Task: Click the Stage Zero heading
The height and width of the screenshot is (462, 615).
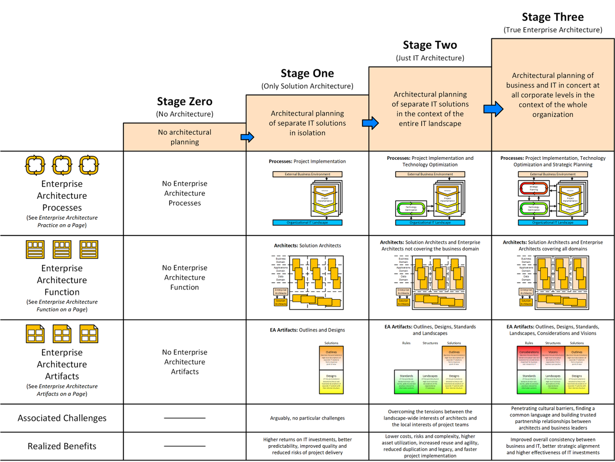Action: point(184,101)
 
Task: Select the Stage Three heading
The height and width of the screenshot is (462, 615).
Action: point(552,17)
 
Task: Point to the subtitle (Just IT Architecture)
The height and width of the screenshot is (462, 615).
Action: point(430,58)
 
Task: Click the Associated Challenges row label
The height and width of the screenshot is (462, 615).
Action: point(62,418)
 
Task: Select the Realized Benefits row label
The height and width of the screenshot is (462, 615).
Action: point(62,446)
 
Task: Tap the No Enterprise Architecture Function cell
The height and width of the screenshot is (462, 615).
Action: point(184,278)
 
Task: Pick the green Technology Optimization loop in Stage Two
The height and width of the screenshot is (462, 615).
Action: point(408,208)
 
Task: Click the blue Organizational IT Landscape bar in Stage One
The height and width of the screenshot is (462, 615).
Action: point(307,222)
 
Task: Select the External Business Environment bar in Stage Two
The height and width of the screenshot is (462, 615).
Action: point(430,174)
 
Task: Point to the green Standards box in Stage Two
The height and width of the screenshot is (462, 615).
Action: point(406,382)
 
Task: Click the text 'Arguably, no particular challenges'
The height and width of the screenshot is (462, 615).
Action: point(307,418)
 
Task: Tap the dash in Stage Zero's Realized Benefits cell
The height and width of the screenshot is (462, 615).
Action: point(184,446)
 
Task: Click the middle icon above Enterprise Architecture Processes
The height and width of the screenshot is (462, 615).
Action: point(62,164)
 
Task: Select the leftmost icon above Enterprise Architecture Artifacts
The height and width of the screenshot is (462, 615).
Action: point(35,334)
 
